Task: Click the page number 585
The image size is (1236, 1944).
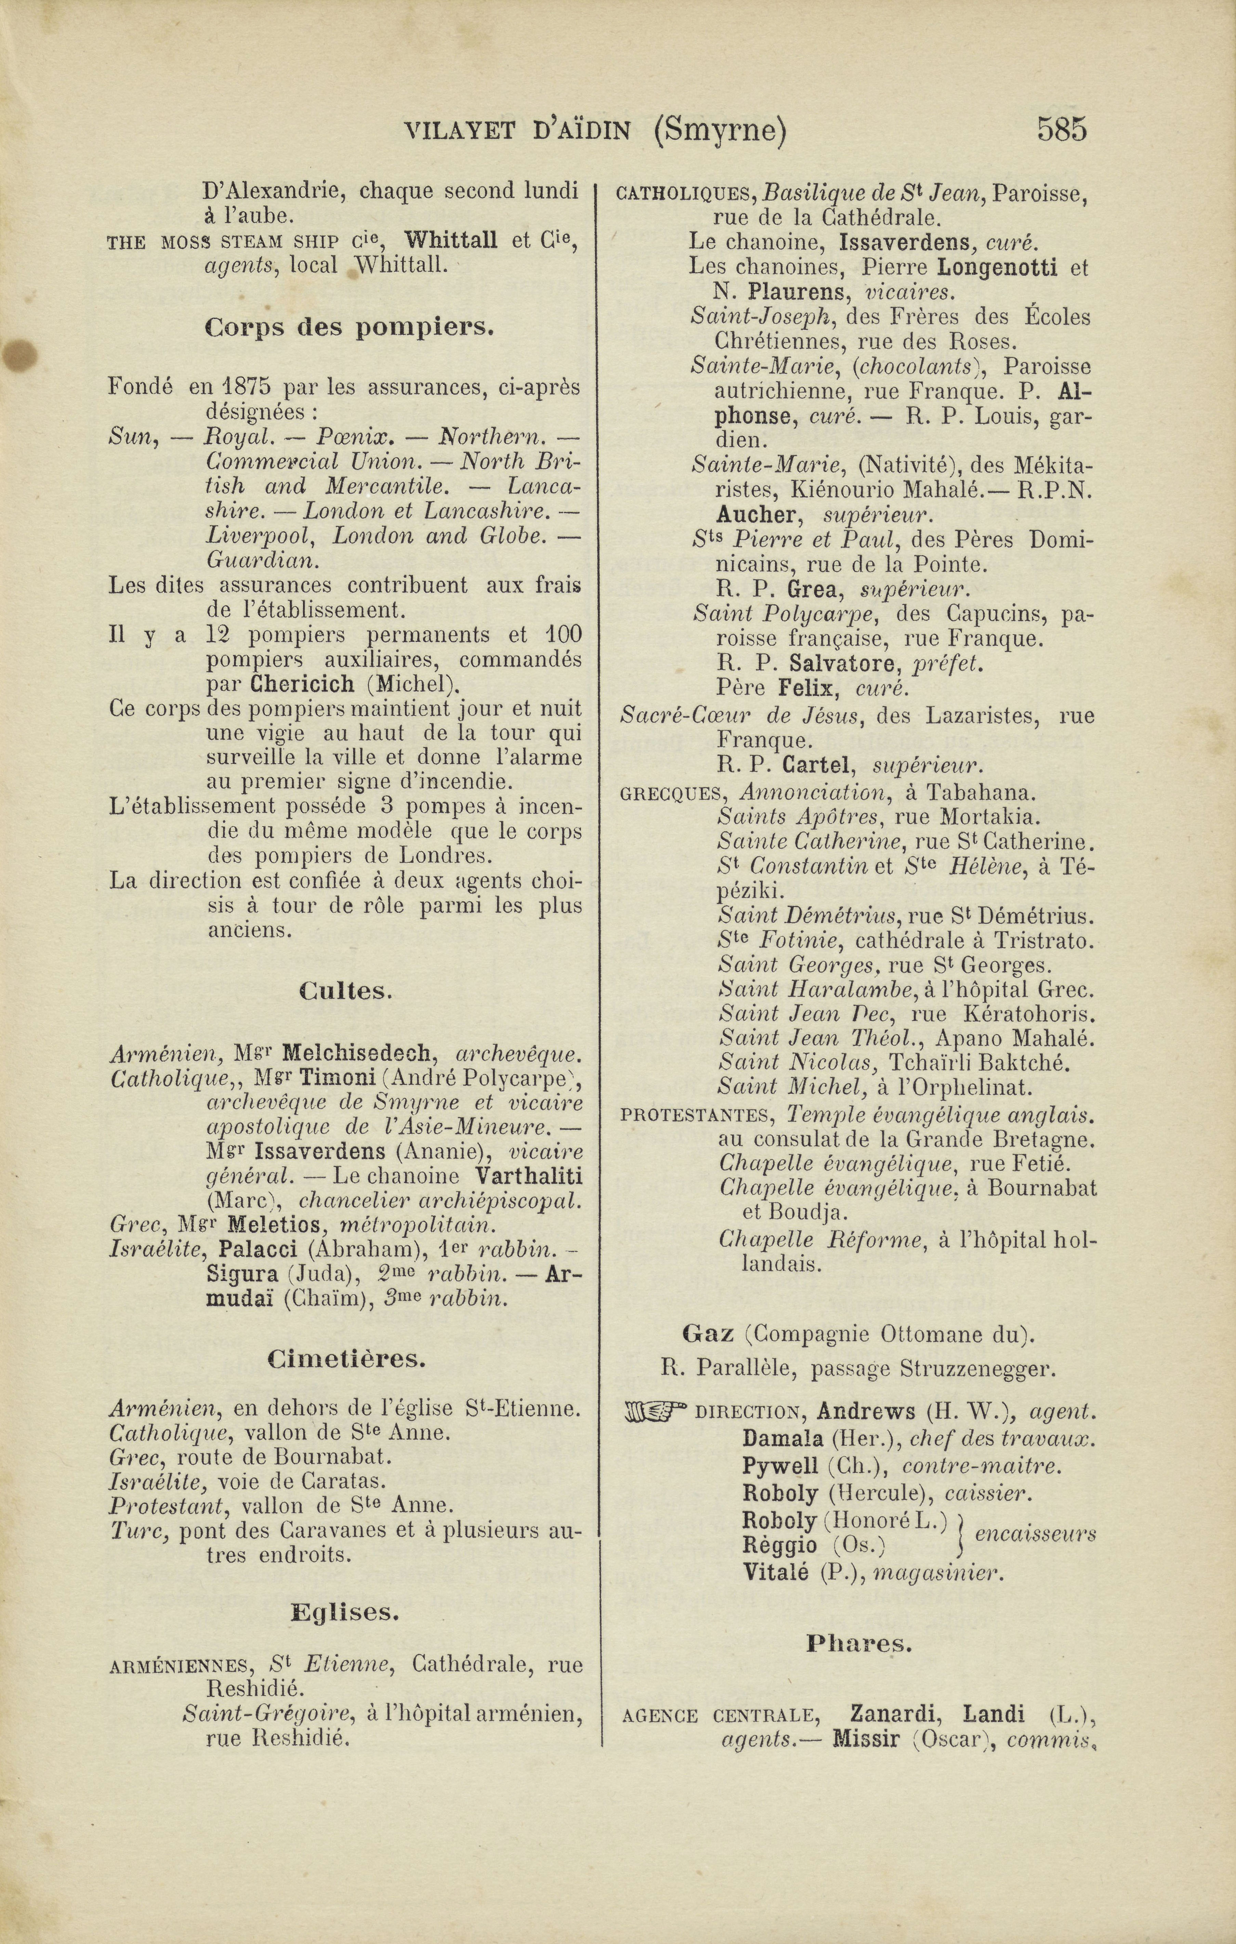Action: click(1062, 129)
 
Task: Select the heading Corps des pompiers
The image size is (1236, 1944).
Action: click(349, 328)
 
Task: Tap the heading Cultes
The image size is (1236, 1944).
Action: click(345, 991)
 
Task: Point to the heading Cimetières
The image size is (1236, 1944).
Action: click(346, 1360)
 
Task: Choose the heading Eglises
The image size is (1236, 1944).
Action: click(345, 1613)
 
